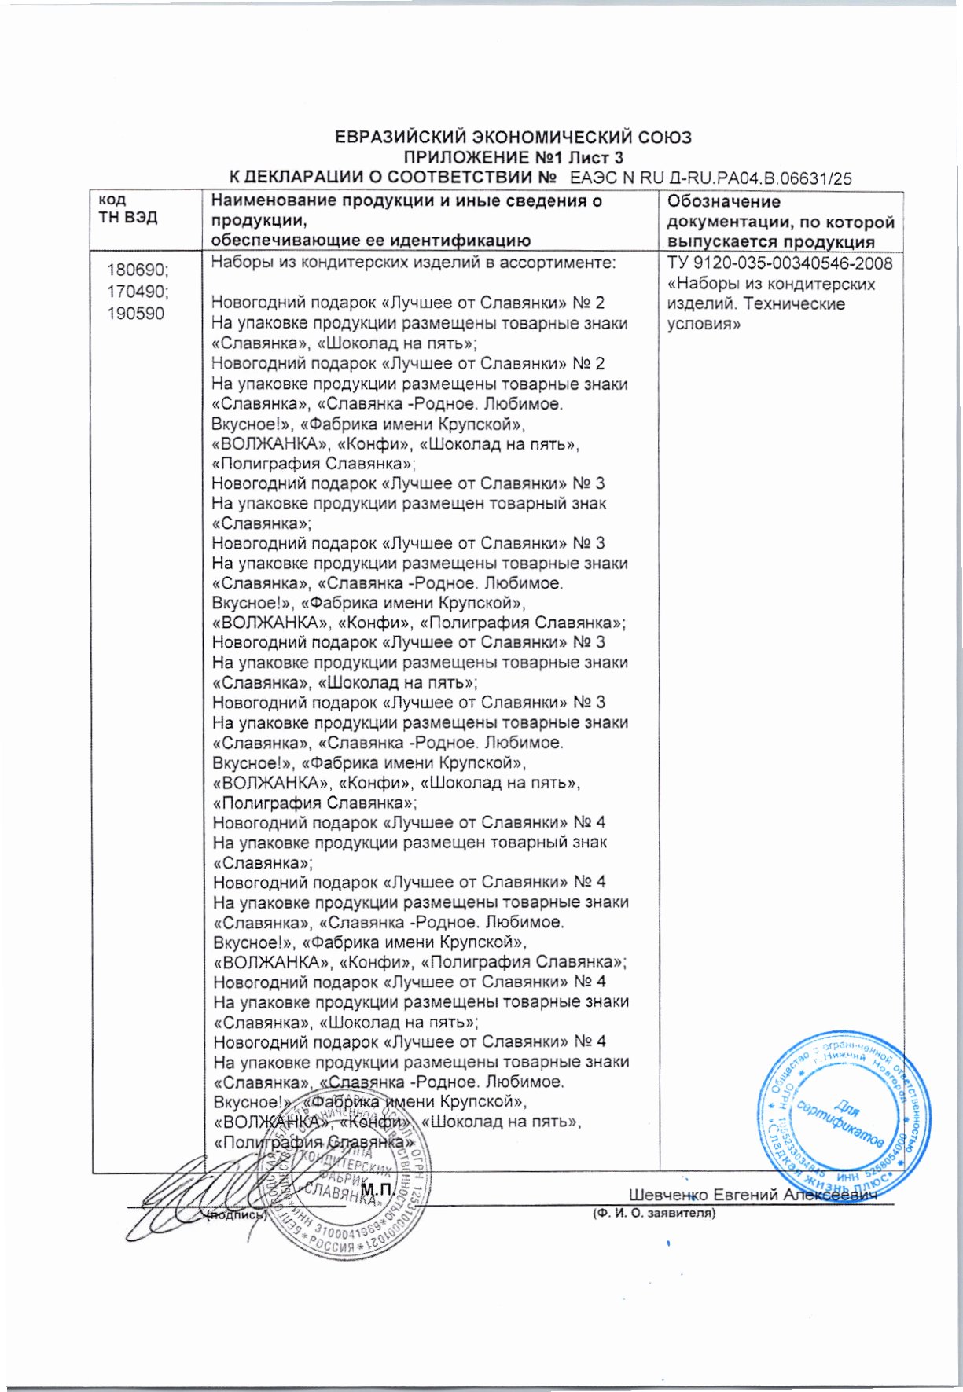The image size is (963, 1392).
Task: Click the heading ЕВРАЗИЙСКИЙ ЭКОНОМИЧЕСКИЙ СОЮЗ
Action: [x=513, y=137]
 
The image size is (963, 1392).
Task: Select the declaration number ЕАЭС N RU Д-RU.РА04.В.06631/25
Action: [x=710, y=178]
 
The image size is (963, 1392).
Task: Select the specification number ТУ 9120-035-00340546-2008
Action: [x=779, y=263]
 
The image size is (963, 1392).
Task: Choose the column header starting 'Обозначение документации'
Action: [x=780, y=222]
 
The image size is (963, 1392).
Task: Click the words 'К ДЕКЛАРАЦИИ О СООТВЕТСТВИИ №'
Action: [x=393, y=178]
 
